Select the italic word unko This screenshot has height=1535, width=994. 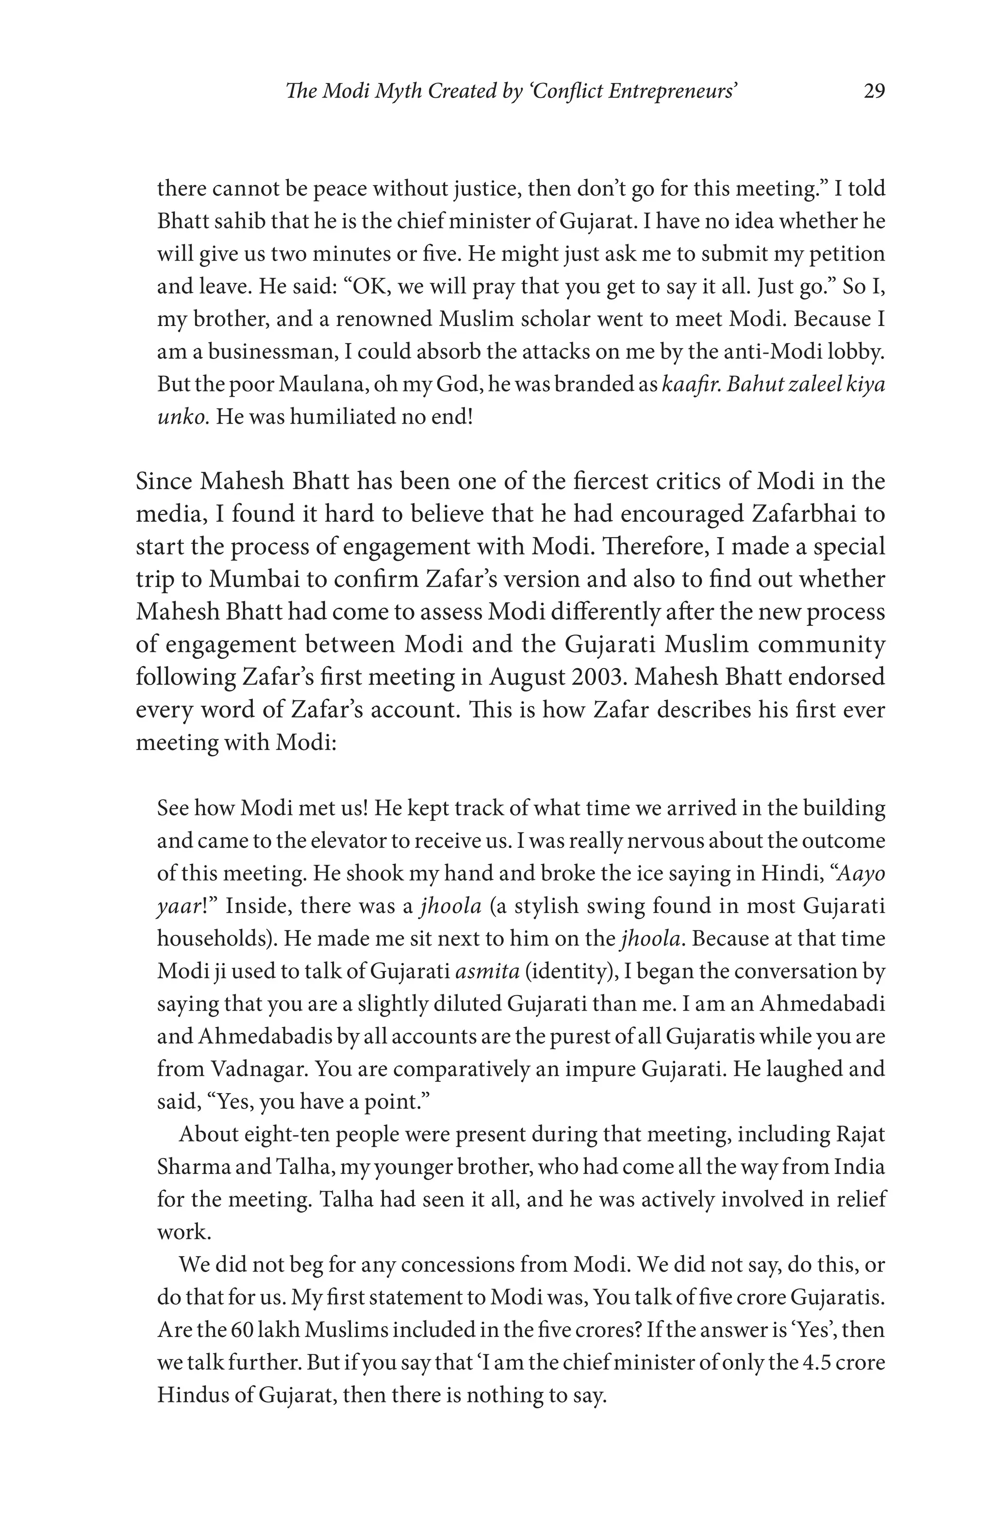[182, 417]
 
